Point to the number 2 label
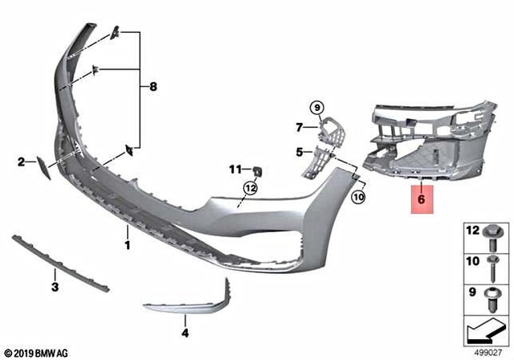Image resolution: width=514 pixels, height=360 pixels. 22,163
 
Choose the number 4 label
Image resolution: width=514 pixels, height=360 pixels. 185,332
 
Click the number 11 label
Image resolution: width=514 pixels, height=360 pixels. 235,169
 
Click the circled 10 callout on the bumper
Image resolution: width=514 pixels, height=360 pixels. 358,195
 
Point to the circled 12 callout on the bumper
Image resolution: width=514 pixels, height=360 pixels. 251,188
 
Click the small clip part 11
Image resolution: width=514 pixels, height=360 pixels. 259,170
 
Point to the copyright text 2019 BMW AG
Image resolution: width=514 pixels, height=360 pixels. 37,352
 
